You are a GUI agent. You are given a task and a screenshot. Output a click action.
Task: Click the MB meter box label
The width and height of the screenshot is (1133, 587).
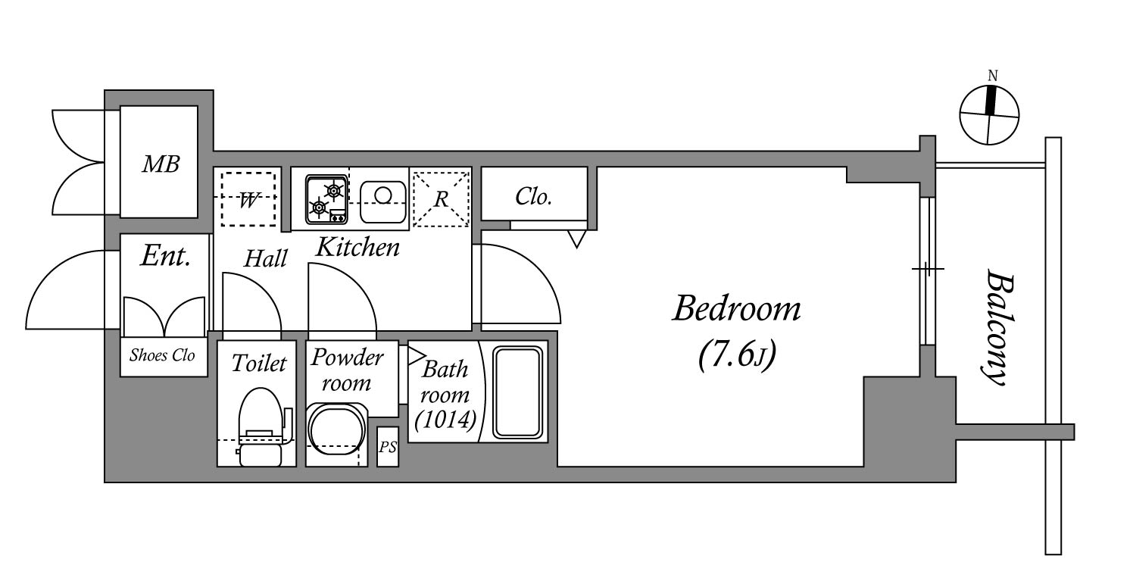(x=161, y=164)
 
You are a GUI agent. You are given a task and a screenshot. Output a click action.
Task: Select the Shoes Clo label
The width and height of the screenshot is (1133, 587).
(x=162, y=355)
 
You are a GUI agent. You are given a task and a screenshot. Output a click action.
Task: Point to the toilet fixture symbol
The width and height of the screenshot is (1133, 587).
(x=263, y=426)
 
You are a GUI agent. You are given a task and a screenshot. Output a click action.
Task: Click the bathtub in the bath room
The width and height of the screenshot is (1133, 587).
(x=518, y=392)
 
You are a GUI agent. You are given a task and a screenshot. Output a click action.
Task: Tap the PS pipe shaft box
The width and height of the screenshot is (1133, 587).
(x=388, y=447)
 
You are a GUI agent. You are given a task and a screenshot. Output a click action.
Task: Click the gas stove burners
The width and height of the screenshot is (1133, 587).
(x=326, y=199)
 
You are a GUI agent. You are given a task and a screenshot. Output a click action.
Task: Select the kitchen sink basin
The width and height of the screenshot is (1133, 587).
(x=383, y=202)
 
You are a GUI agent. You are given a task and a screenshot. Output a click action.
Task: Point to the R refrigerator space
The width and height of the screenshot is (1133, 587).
(x=441, y=199)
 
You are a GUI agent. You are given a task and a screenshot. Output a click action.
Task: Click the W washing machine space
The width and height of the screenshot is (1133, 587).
(x=248, y=199)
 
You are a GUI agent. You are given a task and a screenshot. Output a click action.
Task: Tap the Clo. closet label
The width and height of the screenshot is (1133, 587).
(x=533, y=196)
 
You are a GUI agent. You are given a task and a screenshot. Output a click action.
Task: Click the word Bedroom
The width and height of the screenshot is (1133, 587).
(x=736, y=308)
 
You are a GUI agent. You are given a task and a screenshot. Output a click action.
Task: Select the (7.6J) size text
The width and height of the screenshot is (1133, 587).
(x=736, y=354)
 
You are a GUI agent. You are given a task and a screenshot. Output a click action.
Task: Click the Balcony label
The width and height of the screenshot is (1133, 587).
(x=998, y=327)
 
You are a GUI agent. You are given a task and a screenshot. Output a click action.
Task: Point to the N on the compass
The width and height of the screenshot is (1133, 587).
(x=992, y=76)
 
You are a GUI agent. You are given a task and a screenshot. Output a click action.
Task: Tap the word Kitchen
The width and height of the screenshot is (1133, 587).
(x=357, y=248)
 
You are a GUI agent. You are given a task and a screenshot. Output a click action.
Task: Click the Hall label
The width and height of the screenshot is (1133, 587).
(x=265, y=258)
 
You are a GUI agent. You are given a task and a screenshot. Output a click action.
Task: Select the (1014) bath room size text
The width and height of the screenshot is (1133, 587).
(x=445, y=420)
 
